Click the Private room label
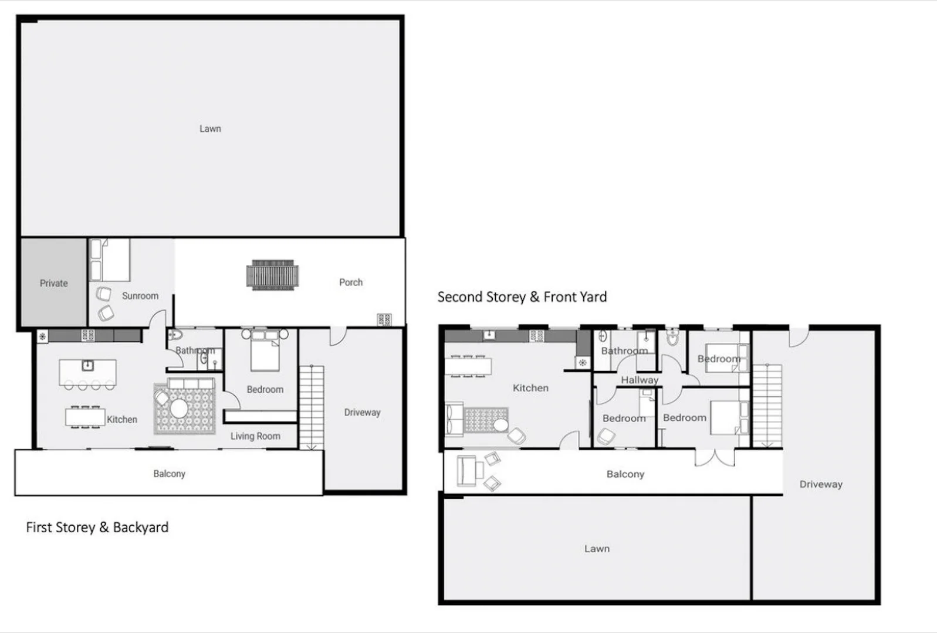53,283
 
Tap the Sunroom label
140,296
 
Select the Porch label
351,282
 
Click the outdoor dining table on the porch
272,274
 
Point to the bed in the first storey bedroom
265,352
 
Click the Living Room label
255,436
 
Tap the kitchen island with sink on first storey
87,372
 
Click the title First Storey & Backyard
97,527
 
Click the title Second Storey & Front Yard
522,297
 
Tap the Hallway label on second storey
640,380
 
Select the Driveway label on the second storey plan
820,484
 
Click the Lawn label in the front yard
597,549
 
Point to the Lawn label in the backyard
210,128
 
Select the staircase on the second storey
767,405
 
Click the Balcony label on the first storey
169,474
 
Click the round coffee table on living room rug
179,407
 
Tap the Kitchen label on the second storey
530,388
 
